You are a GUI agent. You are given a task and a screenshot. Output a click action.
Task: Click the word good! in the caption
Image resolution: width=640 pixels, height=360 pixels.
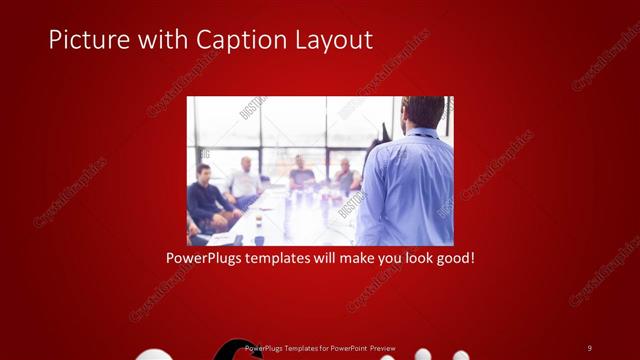[x=452, y=257]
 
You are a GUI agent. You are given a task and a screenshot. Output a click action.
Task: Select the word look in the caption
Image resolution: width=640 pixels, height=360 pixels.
[x=408, y=257]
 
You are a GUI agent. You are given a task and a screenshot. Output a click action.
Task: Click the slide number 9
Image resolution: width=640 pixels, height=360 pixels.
[x=589, y=347]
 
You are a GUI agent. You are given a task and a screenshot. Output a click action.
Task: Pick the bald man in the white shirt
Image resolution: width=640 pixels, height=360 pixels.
[x=243, y=183]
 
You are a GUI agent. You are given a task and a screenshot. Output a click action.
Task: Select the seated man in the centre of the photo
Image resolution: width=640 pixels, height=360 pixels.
[x=300, y=178]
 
